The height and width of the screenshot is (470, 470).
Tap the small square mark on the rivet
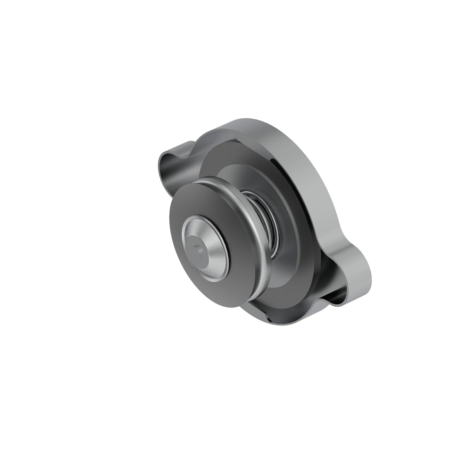(x=198, y=247)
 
